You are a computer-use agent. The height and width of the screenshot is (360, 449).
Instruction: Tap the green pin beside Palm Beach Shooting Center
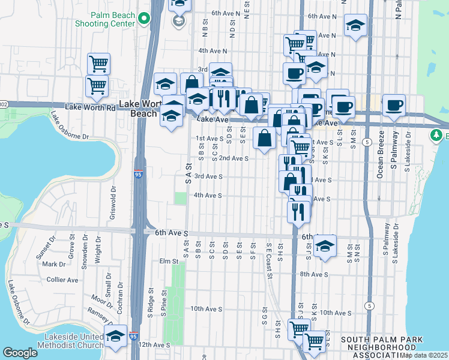coord(143,19)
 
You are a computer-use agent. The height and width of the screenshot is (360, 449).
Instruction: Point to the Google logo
coord(19,352)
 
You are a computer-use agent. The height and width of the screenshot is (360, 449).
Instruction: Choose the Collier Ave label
coord(62,280)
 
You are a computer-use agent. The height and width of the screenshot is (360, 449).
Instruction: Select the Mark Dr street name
coord(53,264)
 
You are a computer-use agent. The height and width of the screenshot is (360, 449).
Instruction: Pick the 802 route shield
coord(3,104)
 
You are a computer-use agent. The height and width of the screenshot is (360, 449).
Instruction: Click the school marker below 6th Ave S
coord(325,247)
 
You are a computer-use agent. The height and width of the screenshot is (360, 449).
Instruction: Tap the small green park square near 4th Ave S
coord(180,198)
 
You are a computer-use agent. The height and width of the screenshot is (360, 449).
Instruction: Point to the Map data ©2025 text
coord(424,355)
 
